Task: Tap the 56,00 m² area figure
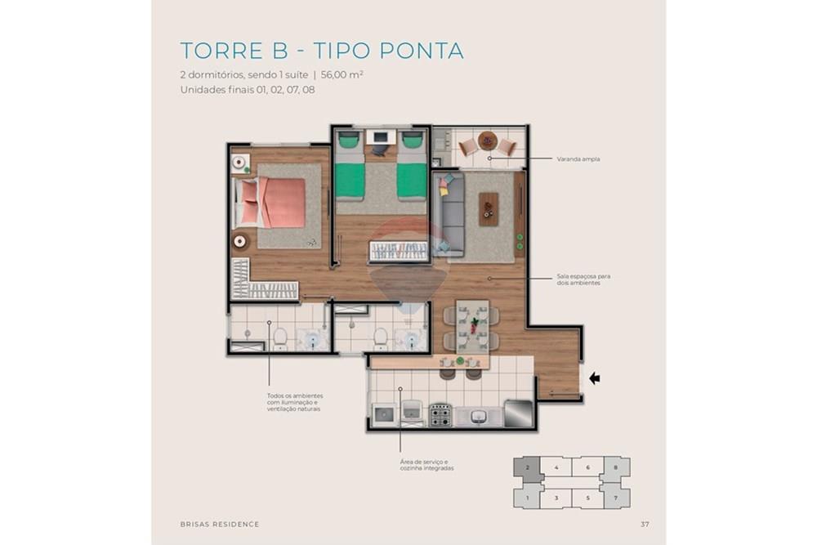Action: click(x=342, y=74)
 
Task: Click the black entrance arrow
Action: click(x=594, y=378)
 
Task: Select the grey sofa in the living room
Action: click(x=449, y=214)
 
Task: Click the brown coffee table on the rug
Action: click(x=489, y=209)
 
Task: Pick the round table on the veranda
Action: click(x=488, y=141)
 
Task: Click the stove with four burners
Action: click(x=440, y=414)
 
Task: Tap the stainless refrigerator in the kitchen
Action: click(x=518, y=413)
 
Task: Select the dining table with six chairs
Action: click(x=472, y=325)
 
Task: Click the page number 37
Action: click(x=645, y=524)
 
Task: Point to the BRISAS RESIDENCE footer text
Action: click(x=219, y=524)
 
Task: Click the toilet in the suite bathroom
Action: click(x=279, y=336)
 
